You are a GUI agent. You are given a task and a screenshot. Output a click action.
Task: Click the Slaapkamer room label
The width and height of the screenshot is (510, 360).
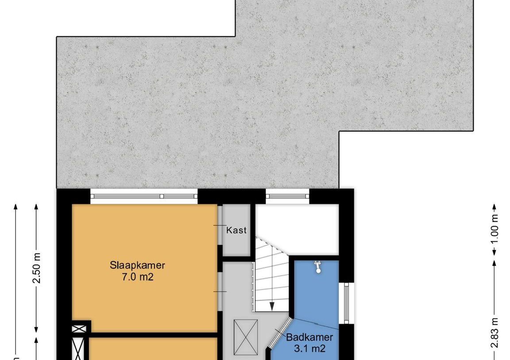pyautogui.click(x=137, y=266)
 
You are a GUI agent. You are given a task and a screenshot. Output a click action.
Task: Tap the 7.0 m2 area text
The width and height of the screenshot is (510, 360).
pyautogui.click(x=137, y=278)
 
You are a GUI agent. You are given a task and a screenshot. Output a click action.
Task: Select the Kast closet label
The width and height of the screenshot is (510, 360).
pyautogui.click(x=236, y=230)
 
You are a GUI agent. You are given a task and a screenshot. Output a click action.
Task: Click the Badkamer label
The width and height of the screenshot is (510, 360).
pyautogui.click(x=309, y=337)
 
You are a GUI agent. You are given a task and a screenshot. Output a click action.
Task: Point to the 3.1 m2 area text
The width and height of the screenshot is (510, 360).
pyautogui.click(x=309, y=348)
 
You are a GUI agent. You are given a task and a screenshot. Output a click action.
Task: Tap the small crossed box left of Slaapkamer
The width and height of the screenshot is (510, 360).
pyautogui.click(x=80, y=329)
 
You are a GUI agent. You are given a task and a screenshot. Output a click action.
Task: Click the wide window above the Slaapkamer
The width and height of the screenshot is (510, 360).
pyautogui.click(x=144, y=196)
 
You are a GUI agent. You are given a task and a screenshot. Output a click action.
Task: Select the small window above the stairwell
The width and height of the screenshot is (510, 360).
pyautogui.click(x=287, y=196)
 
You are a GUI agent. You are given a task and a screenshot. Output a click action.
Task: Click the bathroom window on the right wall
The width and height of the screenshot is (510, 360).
pyautogui.click(x=347, y=303)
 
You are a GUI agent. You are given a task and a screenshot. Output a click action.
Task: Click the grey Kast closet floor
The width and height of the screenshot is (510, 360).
pyautogui.click(x=236, y=244)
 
